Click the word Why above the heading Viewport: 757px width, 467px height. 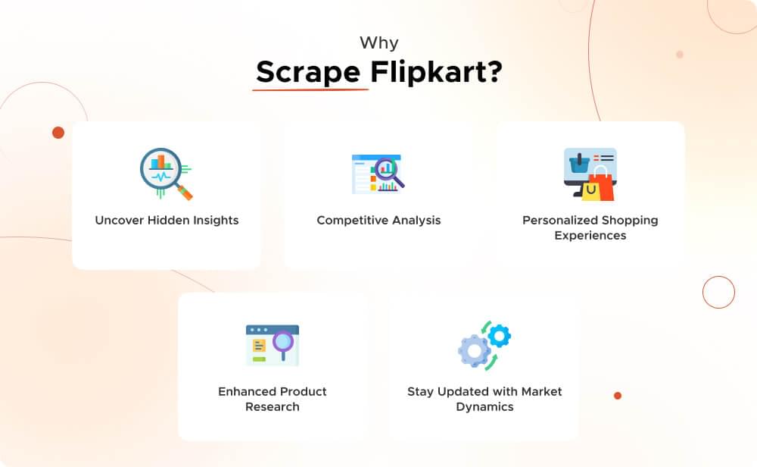[x=378, y=42]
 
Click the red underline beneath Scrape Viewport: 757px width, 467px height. [x=310, y=90]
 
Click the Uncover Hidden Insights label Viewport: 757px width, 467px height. [x=167, y=221]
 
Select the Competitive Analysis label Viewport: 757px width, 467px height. [x=378, y=221]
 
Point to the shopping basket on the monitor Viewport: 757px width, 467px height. [x=579, y=162]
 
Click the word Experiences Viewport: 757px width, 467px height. [x=590, y=236]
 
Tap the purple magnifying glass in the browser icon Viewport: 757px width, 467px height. [x=283, y=341]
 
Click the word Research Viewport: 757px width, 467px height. [x=273, y=407]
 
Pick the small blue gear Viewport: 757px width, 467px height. [x=500, y=334]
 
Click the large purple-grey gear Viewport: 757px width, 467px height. [x=473, y=351]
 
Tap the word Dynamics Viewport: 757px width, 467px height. [x=484, y=407]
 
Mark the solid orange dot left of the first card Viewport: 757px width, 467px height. [x=58, y=133]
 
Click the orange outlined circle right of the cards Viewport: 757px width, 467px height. [x=718, y=292]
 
